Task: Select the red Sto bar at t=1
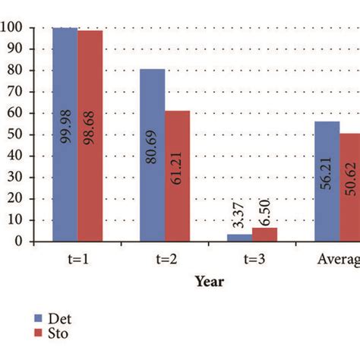click(x=90, y=136)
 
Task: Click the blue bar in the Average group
click(x=327, y=182)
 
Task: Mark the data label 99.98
click(x=65, y=125)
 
